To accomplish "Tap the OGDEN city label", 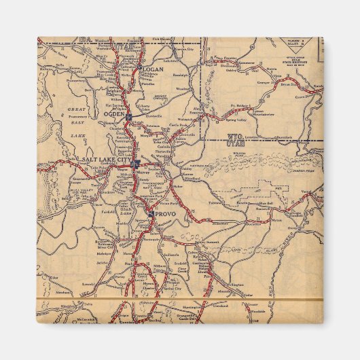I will pos(112,114).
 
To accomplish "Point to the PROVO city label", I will pos(165,213).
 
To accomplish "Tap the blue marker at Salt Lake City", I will pos(136,163).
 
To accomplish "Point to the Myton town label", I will pos(275,220).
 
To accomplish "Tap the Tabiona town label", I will pos(215,202).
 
